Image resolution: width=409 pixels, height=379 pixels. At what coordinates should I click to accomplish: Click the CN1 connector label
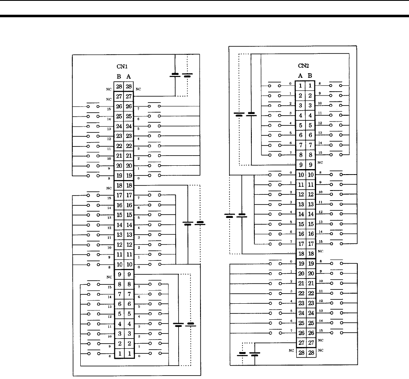tap(123, 66)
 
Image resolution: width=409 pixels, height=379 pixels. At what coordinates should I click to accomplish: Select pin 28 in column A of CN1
tap(129, 87)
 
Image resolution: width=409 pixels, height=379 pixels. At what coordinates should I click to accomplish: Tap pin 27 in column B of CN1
tap(119, 96)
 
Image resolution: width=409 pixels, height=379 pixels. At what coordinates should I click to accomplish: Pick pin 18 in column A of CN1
tap(129, 185)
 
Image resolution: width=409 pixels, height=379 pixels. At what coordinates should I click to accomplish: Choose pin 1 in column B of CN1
tap(119, 353)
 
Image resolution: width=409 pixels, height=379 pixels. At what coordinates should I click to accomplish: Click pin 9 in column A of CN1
tap(129, 274)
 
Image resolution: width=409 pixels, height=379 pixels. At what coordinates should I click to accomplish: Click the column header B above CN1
tap(119, 77)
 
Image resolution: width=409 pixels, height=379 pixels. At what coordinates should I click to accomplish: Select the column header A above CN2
tap(301, 76)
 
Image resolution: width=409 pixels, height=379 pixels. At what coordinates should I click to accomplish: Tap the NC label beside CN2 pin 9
tap(320, 162)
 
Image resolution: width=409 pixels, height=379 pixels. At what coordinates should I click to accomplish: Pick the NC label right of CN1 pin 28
tap(138, 89)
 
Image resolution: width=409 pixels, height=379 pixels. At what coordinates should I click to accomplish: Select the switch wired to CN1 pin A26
tap(154, 106)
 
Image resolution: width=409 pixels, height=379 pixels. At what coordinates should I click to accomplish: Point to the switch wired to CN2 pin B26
tap(336, 333)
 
